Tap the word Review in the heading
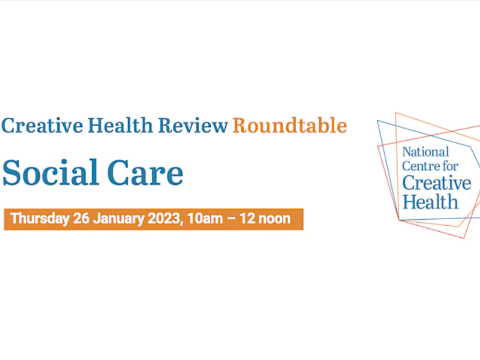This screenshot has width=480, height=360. [x=193, y=125]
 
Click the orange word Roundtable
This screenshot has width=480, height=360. [x=290, y=125]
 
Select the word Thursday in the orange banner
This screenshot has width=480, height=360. [x=40, y=219]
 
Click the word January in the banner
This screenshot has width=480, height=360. [x=117, y=219]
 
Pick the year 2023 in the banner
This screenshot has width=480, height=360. [x=163, y=219]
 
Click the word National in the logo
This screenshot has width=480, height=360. [x=426, y=152]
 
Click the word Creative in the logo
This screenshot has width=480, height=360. [x=437, y=183]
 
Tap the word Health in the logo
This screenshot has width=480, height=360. [x=430, y=200]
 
